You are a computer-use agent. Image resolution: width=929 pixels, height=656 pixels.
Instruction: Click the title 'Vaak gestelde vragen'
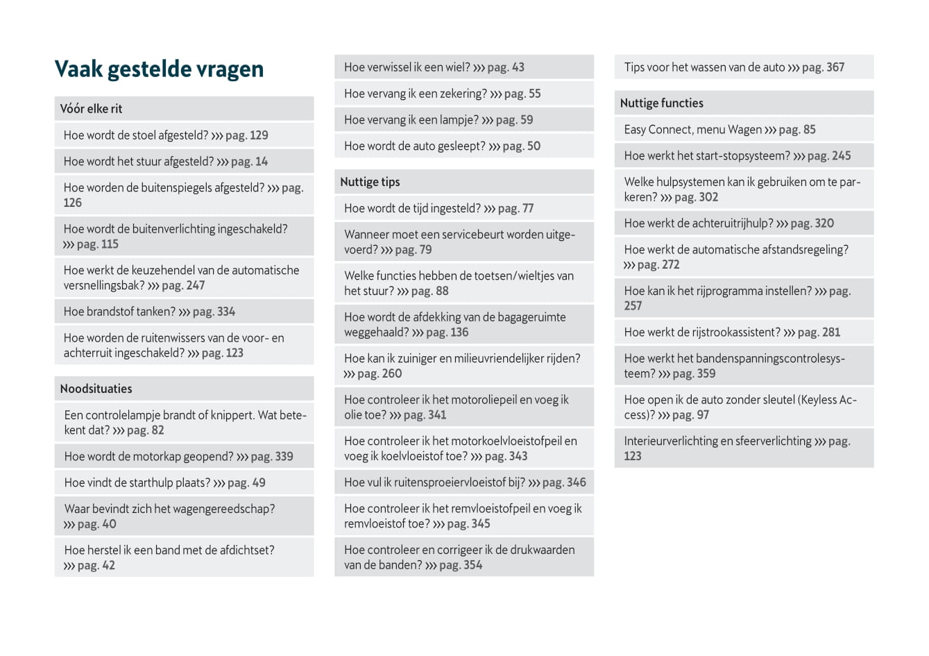159,69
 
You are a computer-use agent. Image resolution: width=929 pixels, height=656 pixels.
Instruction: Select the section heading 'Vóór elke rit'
91,108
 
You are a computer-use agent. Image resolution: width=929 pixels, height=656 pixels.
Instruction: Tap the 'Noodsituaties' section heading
96,389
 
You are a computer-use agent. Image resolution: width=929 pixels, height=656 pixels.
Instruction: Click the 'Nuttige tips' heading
370,182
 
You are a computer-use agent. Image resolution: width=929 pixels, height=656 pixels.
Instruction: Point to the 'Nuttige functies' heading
661,103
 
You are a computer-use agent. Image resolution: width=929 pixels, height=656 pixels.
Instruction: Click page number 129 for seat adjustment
258,135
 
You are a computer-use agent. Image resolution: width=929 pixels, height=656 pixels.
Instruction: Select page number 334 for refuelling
225,312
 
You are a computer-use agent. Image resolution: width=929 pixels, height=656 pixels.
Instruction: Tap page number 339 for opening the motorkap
283,457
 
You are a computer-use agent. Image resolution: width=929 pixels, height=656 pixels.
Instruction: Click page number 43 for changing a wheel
518,67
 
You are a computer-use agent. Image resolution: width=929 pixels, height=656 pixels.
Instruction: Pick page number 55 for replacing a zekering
534,94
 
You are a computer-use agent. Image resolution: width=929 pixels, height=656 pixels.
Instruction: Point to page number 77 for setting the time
527,208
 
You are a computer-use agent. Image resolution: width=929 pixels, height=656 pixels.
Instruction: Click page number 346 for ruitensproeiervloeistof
576,482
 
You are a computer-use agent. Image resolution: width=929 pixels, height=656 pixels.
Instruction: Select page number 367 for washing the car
835,67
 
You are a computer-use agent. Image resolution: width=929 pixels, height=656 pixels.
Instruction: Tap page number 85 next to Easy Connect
809,130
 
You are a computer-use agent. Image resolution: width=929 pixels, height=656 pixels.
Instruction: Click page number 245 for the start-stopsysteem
841,156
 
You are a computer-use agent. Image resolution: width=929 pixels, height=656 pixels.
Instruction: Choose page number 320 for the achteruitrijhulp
824,224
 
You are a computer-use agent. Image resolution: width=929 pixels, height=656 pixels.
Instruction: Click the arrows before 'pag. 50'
494,146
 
